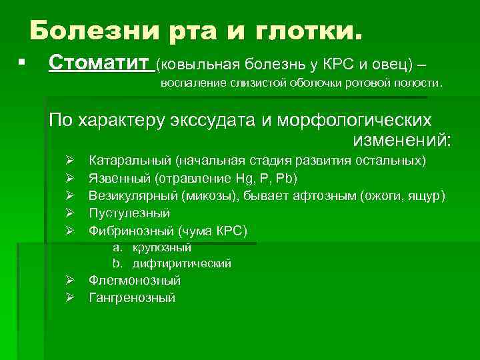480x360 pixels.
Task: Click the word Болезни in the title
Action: click(x=87, y=31)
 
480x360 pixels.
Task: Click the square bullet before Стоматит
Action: click(x=22, y=62)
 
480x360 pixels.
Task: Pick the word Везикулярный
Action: click(x=131, y=196)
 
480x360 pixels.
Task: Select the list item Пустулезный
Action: click(x=129, y=213)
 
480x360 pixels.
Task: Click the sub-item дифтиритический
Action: click(x=181, y=264)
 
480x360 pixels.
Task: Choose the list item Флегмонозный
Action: click(x=135, y=281)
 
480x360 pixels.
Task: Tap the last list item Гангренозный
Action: click(x=132, y=298)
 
